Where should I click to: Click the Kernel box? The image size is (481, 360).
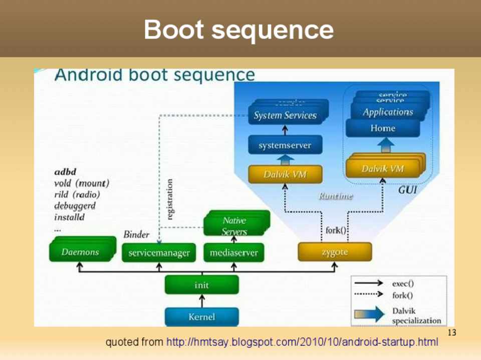(x=202, y=316)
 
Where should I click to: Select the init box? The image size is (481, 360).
(x=202, y=285)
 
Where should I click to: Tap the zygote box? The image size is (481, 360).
(x=335, y=252)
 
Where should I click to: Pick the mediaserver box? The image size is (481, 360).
(x=233, y=253)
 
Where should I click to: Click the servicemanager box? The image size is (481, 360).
(x=159, y=253)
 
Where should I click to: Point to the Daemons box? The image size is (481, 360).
(x=80, y=252)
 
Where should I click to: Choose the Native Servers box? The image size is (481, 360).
(x=235, y=226)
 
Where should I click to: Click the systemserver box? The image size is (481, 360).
(x=285, y=146)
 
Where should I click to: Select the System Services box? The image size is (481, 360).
(x=285, y=116)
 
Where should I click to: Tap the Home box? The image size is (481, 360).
(x=383, y=128)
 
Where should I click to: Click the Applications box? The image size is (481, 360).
(x=388, y=112)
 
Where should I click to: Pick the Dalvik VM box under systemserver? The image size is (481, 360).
(x=285, y=175)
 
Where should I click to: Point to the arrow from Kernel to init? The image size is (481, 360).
(x=202, y=300)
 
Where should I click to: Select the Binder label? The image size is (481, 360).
(x=136, y=234)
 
